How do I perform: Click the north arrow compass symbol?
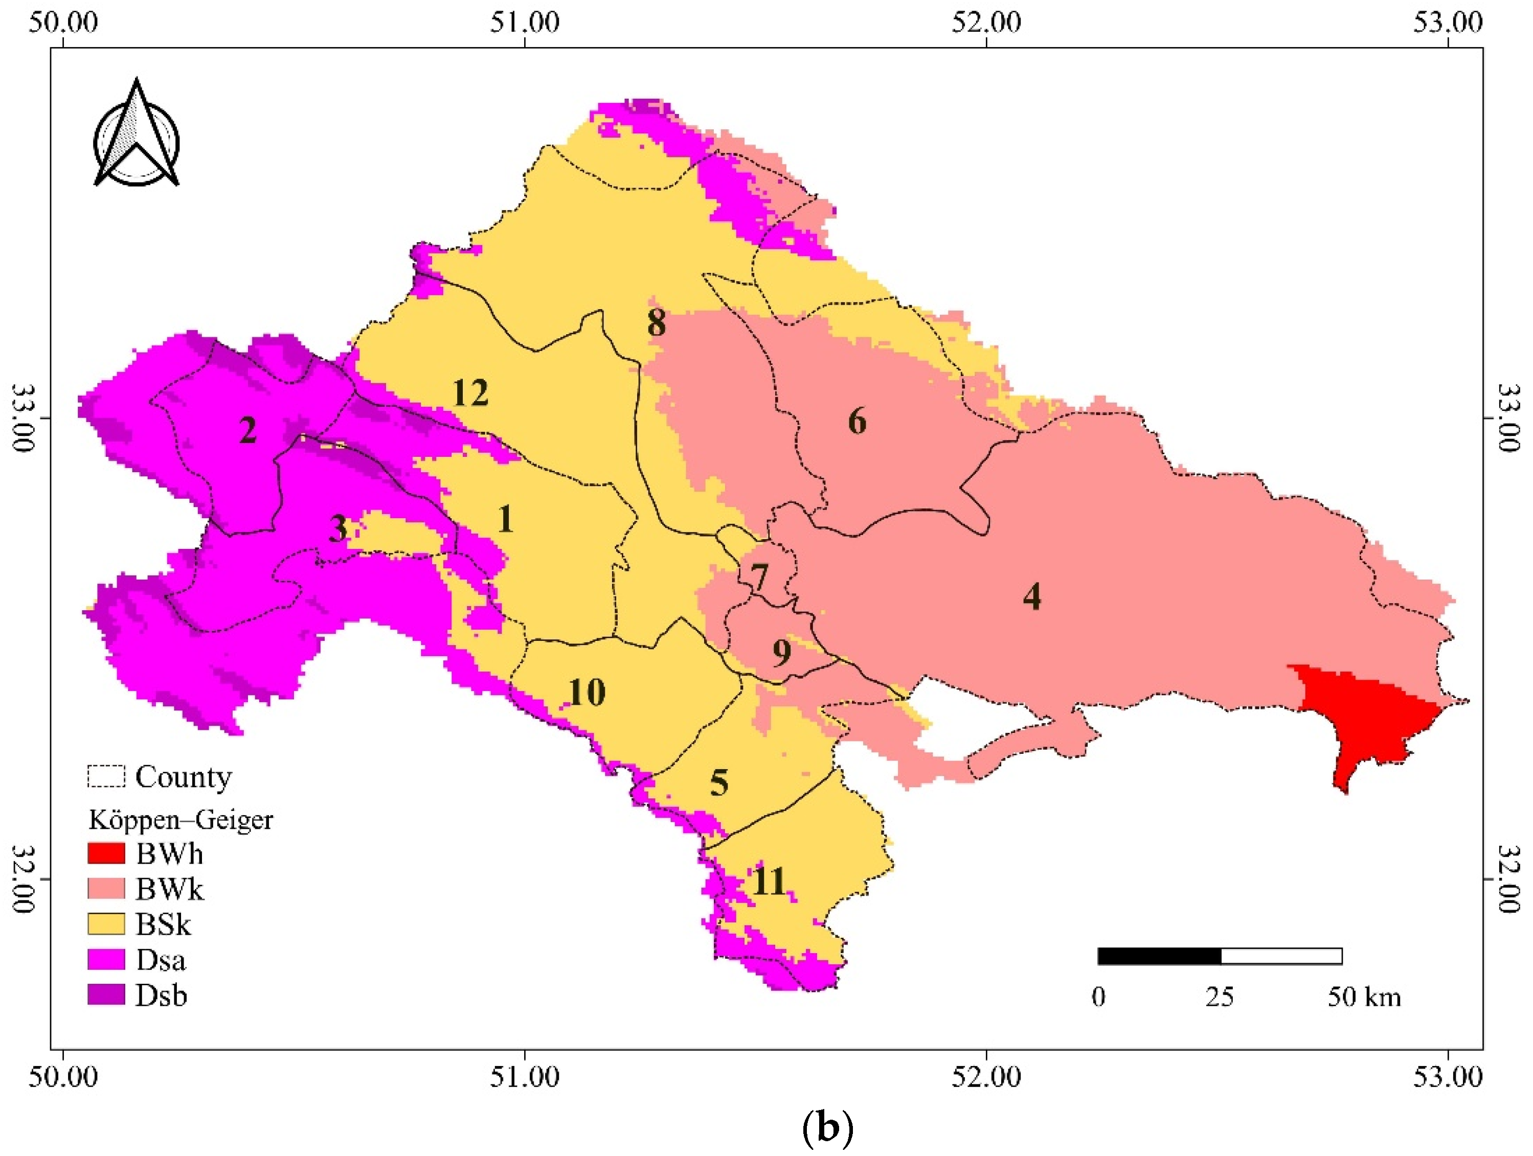137,135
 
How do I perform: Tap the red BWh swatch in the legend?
106,853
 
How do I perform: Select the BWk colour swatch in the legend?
106,889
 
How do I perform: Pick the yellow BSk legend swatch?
106,924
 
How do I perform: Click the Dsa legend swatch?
106,959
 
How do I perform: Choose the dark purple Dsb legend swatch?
106,995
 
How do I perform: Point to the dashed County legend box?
106,776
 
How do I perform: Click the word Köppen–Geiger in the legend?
180,820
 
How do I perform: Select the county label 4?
1032,596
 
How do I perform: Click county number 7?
759,577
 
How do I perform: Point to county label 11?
769,882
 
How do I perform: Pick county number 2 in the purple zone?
247,431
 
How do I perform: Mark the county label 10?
587,692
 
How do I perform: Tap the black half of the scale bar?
1159,957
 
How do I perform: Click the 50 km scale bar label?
1364,998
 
